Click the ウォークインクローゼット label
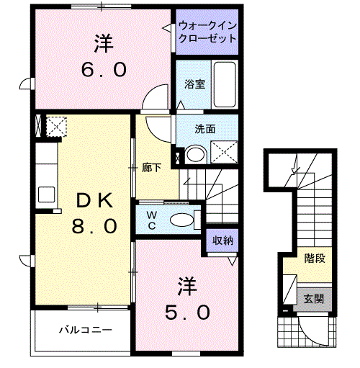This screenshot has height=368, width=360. coord(207,32)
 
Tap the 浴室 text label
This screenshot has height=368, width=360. coord(194,84)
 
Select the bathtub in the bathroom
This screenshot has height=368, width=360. coord(225,84)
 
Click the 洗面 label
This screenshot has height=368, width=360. coord(204,129)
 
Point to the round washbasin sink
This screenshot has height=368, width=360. coord(196,154)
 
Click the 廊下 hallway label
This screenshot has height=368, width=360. coord(151,168)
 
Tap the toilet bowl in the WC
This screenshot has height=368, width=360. coord(181,220)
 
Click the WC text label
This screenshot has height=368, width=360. coord(152,220)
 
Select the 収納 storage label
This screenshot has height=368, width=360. coord(222,241)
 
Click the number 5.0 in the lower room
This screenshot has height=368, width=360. coord(187,313)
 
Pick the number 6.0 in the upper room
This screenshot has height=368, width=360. coord(104,70)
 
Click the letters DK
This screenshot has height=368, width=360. coord(94,200)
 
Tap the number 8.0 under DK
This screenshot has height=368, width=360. coord(94,226)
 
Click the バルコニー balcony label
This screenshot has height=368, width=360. coord(86,330)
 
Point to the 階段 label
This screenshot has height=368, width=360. coord(315,259)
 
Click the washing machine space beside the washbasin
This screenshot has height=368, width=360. coord(224,152)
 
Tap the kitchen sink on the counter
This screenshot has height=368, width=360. coord(46,194)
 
